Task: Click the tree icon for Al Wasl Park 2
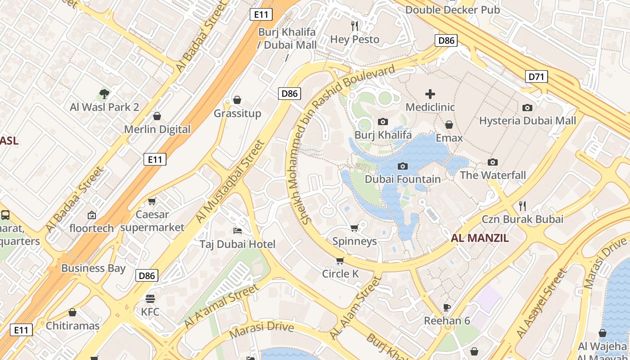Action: (x=104, y=94)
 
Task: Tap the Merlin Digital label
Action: (x=157, y=130)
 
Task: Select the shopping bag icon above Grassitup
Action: (x=237, y=100)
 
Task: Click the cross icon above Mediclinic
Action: (x=430, y=94)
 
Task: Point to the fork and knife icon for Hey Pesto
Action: (x=355, y=26)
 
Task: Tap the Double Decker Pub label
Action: (x=453, y=9)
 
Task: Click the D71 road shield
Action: (x=536, y=77)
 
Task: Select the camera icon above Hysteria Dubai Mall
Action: (x=527, y=108)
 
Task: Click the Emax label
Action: (x=449, y=138)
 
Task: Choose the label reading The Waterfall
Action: (x=493, y=175)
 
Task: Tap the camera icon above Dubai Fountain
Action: (x=403, y=166)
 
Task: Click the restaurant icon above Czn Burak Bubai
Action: (x=522, y=206)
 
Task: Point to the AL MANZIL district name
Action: (x=480, y=238)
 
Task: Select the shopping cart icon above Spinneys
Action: (x=354, y=228)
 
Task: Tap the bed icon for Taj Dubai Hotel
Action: (x=238, y=231)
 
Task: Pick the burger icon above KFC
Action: (x=150, y=299)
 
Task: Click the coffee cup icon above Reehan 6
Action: (x=446, y=307)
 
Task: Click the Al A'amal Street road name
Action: (x=221, y=306)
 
